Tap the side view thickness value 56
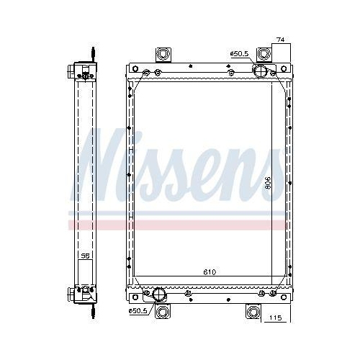(x=85, y=256)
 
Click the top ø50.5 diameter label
(x=239, y=53)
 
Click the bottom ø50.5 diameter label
(x=139, y=310)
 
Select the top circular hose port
(x=260, y=70)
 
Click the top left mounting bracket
(x=163, y=55)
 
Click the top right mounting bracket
(x=266, y=55)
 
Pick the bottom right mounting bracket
(x=253, y=311)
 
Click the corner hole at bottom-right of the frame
(x=284, y=293)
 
